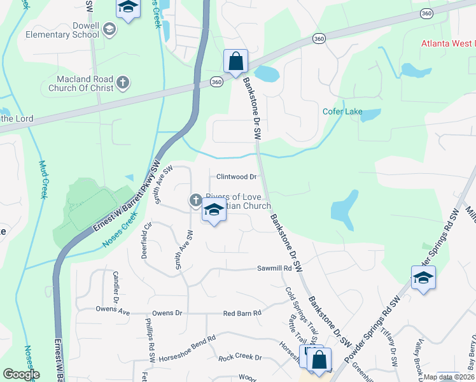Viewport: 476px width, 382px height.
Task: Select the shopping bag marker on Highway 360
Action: [x=235, y=62]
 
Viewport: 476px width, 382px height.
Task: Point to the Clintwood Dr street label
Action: [x=236, y=176]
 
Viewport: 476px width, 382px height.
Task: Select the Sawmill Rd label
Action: [x=274, y=269]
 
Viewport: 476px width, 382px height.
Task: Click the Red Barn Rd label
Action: [x=242, y=313]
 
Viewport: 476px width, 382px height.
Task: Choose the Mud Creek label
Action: [x=43, y=178]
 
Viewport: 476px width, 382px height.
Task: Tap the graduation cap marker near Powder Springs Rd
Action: [x=423, y=278]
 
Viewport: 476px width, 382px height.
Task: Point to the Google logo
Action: [x=21, y=374]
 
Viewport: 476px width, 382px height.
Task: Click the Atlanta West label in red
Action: [x=448, y=43]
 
